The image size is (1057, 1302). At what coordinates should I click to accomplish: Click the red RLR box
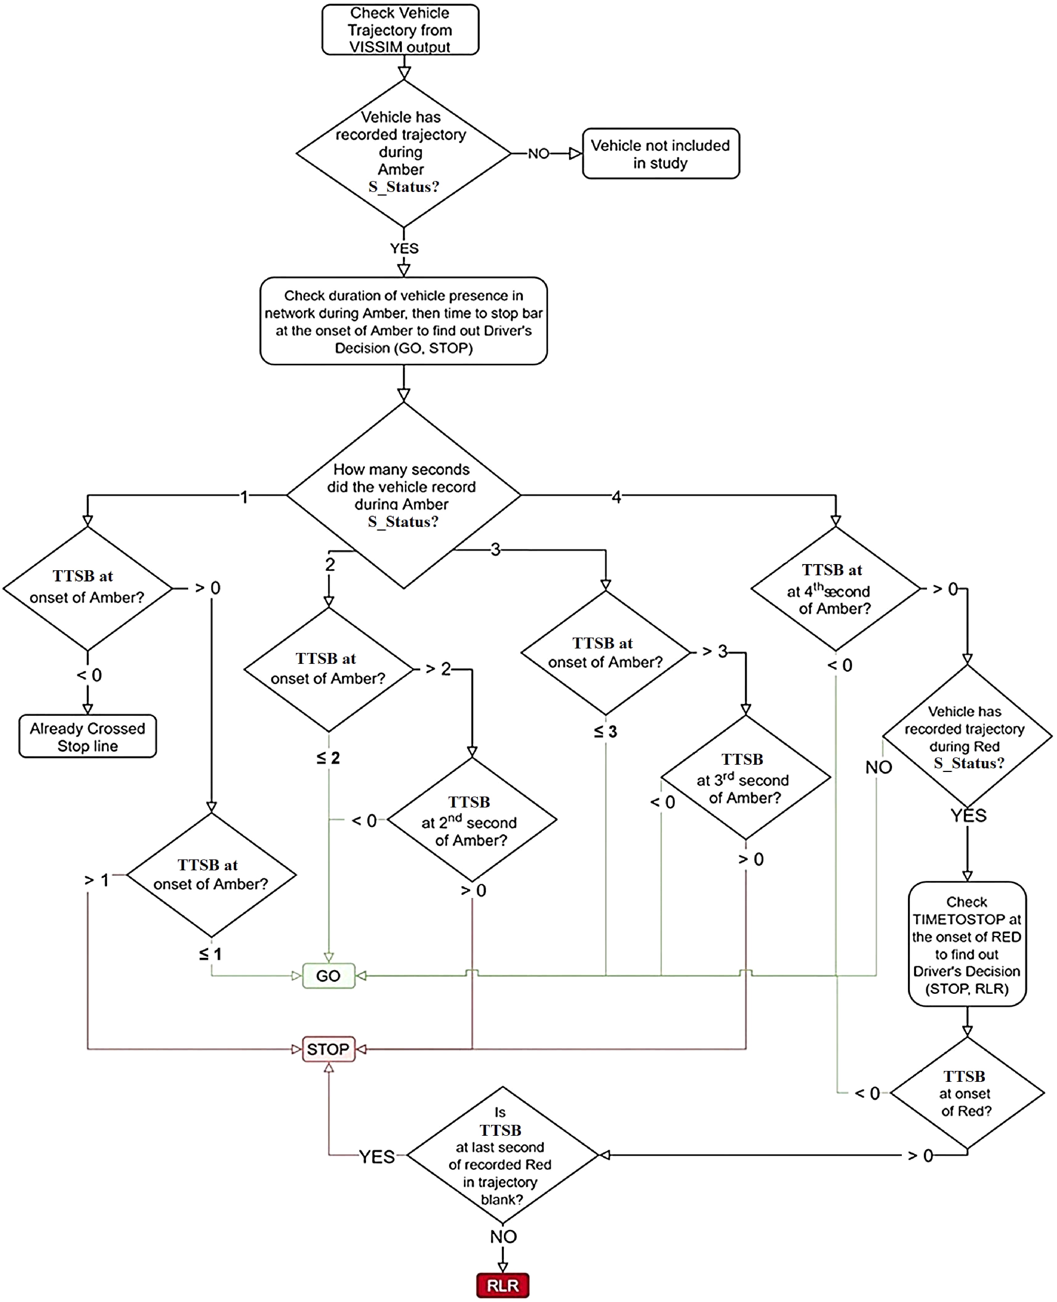502,1285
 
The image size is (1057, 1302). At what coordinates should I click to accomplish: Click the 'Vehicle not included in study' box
660,154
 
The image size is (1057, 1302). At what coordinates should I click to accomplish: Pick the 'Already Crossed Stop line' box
88,736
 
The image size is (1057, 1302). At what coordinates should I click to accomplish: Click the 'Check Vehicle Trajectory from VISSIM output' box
400,30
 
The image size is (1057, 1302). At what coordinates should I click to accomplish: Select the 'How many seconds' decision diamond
403,495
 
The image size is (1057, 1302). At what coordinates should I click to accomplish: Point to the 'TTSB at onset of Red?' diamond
966,1093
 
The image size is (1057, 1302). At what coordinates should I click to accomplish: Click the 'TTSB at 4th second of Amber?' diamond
835,589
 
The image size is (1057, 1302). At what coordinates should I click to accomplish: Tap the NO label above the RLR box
503,1236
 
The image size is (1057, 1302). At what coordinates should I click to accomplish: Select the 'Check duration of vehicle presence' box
403,321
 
